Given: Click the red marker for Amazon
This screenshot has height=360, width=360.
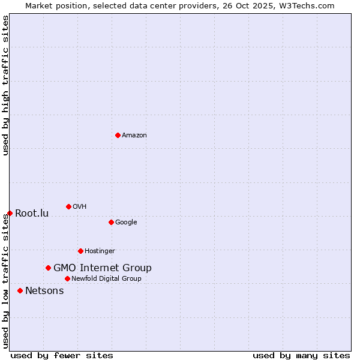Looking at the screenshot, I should click(118, 135).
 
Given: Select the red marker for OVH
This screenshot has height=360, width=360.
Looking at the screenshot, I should click(68, 206).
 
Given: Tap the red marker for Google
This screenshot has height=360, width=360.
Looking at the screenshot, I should click(111, 222).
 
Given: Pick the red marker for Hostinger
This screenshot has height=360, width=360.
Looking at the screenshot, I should click(80, 251).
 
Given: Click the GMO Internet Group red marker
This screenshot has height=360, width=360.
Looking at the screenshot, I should click(48, 268).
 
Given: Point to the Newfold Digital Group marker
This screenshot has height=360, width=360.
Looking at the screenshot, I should click(67, 278).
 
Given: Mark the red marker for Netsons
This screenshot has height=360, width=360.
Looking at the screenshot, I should click(20, 290).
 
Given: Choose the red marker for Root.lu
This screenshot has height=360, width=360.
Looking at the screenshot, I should click(10, 213).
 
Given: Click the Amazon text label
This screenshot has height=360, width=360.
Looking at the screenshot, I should click(134, 136).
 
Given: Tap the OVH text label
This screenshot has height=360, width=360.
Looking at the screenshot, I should click(80, 207).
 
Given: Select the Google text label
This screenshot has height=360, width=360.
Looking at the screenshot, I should click(126, 223).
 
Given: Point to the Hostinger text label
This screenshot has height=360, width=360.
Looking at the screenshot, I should click(100, 251).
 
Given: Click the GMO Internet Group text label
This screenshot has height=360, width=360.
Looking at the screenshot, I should click(103, 268).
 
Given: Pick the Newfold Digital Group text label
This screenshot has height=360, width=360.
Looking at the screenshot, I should click(106, 279).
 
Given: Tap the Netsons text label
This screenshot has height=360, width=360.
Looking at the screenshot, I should click(44, 291).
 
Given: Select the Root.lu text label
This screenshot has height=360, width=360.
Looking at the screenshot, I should click(32, 214).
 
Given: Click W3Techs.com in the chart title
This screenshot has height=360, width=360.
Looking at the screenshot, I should click(306, 6).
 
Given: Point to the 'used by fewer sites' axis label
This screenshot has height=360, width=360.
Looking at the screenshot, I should click(62, 355).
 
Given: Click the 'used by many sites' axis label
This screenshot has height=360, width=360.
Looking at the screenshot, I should click(301, 355).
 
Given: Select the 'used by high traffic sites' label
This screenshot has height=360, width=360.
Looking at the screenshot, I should click(6, 86).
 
